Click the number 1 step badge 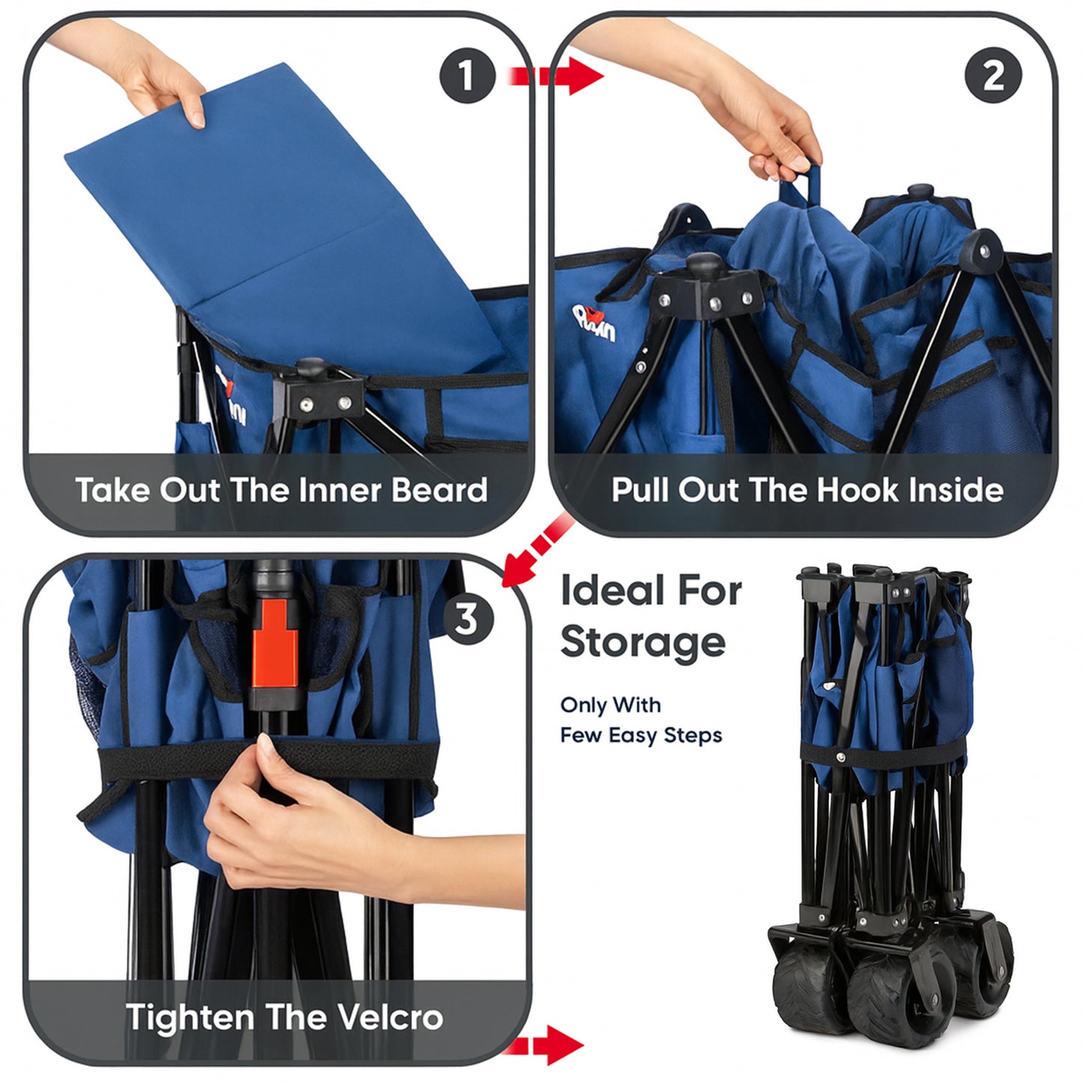467,76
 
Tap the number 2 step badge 993,76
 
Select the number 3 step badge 467,619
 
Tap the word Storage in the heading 642,642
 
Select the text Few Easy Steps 641,735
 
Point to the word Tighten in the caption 190,1018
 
